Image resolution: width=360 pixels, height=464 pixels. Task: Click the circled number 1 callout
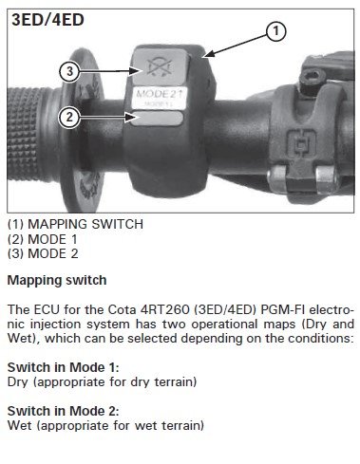point(275,31)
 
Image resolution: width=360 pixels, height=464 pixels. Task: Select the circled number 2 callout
point(69,118)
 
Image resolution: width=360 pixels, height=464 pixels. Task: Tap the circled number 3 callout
point(69,71)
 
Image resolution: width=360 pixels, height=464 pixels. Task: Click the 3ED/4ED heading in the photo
point(47,20)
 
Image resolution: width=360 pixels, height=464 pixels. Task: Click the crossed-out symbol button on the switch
point(161,66)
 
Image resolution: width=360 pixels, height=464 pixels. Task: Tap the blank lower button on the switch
point(157,119)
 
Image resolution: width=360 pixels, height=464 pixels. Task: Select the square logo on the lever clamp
point(301,143)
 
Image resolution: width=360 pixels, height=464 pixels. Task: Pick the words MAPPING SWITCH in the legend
point(85,224)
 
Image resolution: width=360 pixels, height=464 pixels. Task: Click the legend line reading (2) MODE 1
point(43,239)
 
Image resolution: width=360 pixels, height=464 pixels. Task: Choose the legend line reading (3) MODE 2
point(43,254)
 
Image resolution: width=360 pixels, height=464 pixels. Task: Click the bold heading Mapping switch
point(57,281)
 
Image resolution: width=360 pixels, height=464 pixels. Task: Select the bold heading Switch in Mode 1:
point(64,367)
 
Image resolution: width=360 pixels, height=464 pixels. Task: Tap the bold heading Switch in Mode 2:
point(64,411)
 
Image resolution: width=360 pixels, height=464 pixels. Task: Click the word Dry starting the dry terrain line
point(18,382)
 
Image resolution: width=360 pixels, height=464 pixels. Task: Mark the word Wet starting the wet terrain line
point(19,425)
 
